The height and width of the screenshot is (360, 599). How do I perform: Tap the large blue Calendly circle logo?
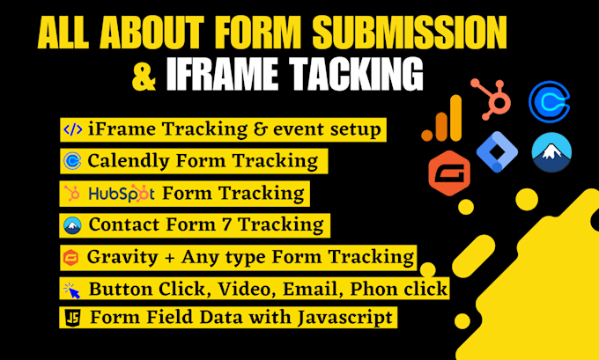pyautogui.click(x=550, y=102)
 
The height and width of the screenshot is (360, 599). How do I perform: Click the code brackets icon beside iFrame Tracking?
pyautogui.click(x=73, y=130)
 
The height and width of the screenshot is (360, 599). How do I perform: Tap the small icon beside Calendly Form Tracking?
pyautogui.click(x=73, y=161)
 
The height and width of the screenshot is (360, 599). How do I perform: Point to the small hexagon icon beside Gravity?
pyautogui.click(x=73, y=257)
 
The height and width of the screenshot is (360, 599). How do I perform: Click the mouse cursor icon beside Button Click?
pyautogui.click(x=73, y=289)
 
